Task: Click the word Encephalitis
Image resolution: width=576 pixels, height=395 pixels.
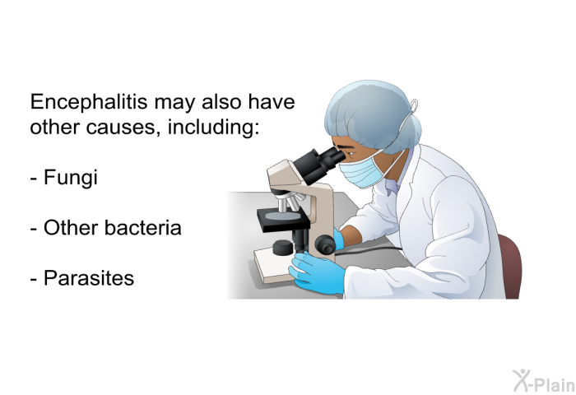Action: coord(89,102)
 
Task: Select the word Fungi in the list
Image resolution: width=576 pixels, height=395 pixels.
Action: coord(71,179)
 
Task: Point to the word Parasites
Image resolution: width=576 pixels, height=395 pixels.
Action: coord(89,278)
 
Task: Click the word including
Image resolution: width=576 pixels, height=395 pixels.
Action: coord(213,128)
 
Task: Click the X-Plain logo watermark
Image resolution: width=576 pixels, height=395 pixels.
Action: coord(544,381)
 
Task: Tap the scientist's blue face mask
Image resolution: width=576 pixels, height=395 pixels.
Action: coord(362,172)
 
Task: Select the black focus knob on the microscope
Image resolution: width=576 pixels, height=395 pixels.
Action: coord(326,244)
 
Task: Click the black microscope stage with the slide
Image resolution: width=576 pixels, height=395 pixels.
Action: coord(283,220)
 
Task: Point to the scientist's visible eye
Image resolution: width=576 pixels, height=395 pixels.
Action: coord(351,152)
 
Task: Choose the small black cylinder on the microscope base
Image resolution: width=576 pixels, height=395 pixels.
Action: coord(282,247)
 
